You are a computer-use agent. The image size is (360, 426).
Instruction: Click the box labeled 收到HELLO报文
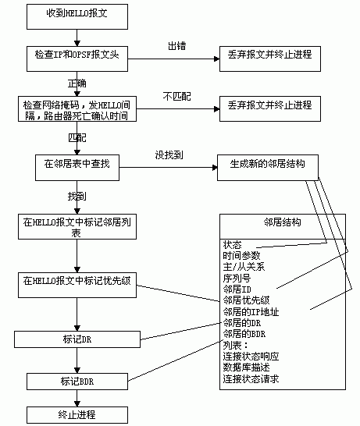(76, 15)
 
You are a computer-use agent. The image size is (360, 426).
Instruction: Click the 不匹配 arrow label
(176, 96)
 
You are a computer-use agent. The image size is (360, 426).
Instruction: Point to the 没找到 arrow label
(169, 154)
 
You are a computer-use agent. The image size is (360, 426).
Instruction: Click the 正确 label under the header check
(77, 83)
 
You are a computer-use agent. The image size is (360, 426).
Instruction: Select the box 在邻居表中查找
(77, 165)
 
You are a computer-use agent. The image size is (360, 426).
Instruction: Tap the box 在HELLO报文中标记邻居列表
(77, 227)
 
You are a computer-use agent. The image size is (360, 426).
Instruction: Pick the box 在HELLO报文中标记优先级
(77, 280)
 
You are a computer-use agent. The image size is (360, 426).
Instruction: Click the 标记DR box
(77, 339)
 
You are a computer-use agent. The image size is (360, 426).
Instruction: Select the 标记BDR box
(77, 381)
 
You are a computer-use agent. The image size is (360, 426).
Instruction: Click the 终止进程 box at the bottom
(77, 414)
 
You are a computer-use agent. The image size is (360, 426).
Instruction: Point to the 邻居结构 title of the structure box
(283, 222)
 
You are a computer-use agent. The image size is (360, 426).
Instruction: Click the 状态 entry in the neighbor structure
(232, 244)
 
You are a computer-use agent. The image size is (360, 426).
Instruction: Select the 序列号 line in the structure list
(237, 277)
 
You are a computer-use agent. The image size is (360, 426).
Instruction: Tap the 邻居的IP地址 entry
(251, 311)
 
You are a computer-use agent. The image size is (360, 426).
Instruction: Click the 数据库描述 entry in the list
(247, 367)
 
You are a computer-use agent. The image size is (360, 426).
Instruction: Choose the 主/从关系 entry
(244, 266)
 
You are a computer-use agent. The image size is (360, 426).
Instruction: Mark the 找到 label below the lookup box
(77, 195)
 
